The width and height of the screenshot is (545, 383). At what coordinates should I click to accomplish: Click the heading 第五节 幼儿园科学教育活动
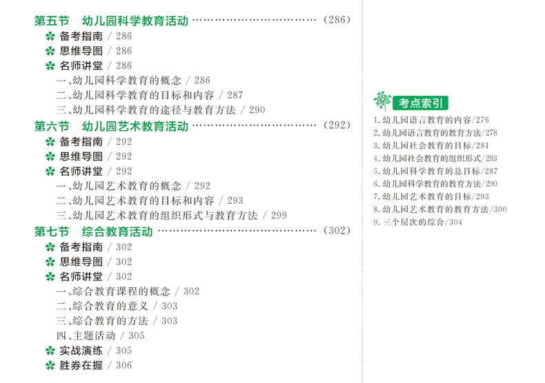(x=111, y=21)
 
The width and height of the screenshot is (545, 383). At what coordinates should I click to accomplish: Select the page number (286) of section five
(x=337, y=21)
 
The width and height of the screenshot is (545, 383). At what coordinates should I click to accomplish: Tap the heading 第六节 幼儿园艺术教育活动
(x=111, y=126)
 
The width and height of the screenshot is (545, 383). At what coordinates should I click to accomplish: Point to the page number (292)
(x=337, y=126)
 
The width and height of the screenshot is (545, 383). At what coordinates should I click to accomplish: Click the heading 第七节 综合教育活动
(x=93, y=231)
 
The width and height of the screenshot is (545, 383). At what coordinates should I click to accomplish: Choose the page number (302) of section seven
(x=337, y=231)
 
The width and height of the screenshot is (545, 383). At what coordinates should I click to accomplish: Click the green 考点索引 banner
(x=419, y=103)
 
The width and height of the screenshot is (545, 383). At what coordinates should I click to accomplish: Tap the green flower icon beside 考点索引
(x=381, y=101)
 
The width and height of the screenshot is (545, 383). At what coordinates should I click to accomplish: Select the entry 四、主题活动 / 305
(x=100, y=335)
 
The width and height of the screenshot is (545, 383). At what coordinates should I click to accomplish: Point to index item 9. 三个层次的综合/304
(x=417, y=222)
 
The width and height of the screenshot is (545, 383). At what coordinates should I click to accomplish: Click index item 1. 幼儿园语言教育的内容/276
(x=431, y=119)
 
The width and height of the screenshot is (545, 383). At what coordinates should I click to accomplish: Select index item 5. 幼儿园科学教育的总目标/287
(x=435, y=171)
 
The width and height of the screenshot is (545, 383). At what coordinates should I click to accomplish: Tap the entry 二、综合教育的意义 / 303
(x=117, y=306)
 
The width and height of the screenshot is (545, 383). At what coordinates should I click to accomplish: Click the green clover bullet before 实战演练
(x=50, y=351)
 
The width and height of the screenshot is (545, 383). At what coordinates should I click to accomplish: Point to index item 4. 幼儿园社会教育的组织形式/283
(x=435, y=158)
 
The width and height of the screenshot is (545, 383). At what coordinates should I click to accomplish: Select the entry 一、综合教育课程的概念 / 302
(x=128, y=291)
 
